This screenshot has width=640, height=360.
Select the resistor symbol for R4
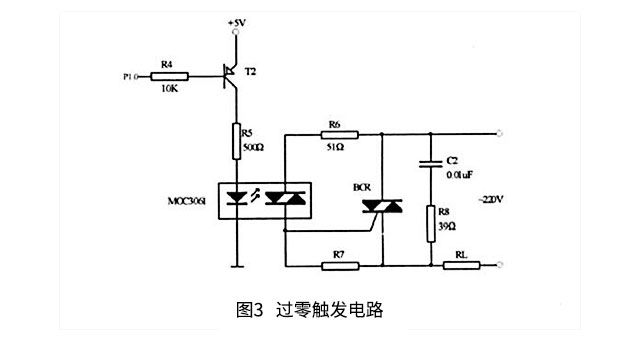pos(169,74)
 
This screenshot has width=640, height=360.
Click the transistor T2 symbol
pos(232,76)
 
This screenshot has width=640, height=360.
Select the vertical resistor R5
pos(236,137)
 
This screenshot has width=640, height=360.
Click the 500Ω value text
pos(253,148)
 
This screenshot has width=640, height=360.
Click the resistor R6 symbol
pos(334,133)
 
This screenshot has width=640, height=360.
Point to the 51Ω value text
pos(334,148)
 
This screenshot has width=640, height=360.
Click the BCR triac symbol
pos(382,206)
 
